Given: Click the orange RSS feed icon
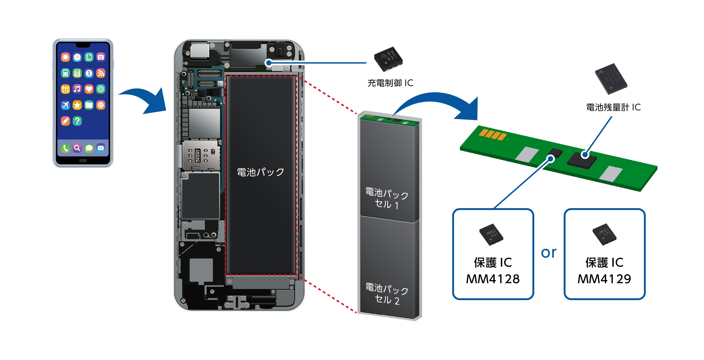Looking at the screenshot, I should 100,73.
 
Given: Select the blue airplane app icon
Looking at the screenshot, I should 65,105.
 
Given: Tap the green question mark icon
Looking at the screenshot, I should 77,121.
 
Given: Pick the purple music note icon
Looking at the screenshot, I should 77,89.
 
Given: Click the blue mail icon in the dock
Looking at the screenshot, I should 100,148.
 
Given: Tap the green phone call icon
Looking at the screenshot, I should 65,148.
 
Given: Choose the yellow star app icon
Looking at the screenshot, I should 77,105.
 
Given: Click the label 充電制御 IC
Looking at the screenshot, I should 390,83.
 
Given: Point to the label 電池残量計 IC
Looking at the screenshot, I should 613,107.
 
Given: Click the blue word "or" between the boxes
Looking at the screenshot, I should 549,253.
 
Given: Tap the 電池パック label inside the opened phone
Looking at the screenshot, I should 260,172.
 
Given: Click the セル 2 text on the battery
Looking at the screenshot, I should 387,300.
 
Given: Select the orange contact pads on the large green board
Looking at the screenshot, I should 492,135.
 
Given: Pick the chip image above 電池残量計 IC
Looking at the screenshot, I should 611,79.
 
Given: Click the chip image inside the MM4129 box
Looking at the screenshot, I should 604,235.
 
